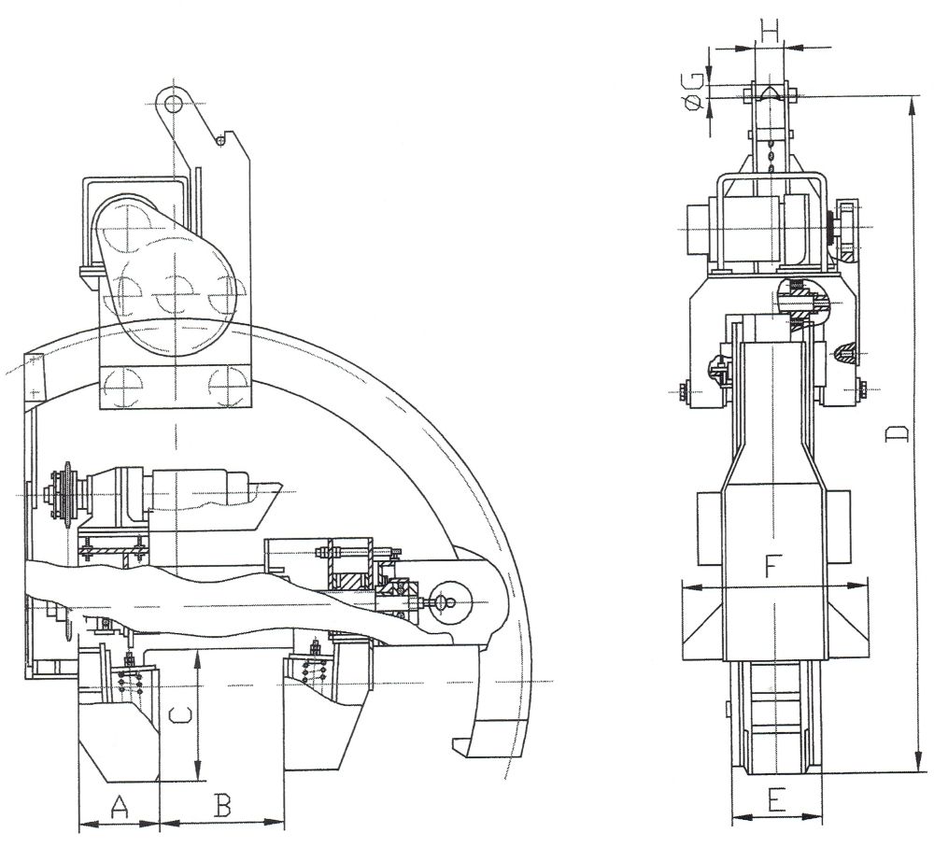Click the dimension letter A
click(x=120, y=807)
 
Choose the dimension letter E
click(x=775, y=799)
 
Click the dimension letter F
click(x=771, y=567)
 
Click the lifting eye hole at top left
click(x=173, y=106)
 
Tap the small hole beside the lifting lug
click(x=220, y=141)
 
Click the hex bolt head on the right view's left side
click(x=682, y=391)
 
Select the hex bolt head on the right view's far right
click(x=863, y=390)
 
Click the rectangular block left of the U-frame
click(x=697, y=228)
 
